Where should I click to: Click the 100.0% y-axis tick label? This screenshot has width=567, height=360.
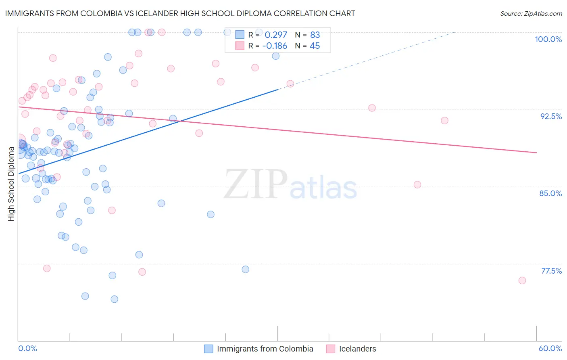point(548,39)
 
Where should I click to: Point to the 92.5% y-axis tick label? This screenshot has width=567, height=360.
point(551,116)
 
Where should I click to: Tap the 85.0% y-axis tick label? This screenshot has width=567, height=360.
point(550,193)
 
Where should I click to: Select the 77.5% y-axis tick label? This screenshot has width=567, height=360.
point(551,271)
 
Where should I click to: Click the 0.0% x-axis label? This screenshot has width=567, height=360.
point(27,348)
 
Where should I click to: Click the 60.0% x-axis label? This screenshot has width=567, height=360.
point(550,348)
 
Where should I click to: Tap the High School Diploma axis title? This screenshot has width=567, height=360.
point(11,184)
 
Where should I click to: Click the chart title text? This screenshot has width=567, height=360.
point(180,13)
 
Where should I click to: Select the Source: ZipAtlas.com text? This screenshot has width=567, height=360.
point(531,14)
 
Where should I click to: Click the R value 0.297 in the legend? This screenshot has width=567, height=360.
point(276,35)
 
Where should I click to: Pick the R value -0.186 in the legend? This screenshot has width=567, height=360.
point(275,46)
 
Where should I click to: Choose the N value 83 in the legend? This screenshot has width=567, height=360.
point(315,35)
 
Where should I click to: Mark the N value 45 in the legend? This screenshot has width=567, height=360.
point(315,46)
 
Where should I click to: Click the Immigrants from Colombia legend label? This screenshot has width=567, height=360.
point(265,349)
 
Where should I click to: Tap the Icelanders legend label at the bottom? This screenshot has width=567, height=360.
point(357,349)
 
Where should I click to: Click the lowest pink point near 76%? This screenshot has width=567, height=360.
point(522,280)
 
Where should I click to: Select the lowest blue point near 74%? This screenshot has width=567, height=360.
point(115,299)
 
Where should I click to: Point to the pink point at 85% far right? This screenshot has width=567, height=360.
point(417,184)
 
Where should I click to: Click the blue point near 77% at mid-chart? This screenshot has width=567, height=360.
point(246,269)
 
